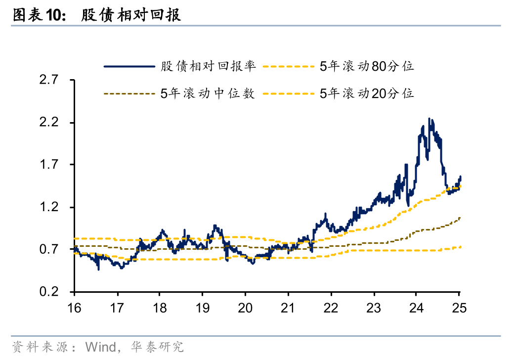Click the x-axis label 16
point(74,307)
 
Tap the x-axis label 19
point(203,307)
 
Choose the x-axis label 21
point(288,307)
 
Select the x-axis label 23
point(374,307)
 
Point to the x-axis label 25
point(460,307)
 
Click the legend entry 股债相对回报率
point(208,66)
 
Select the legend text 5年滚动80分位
point(366,66)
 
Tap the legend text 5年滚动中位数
point(208,93)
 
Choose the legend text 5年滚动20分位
point(366,93)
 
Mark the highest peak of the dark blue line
point(429,119)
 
